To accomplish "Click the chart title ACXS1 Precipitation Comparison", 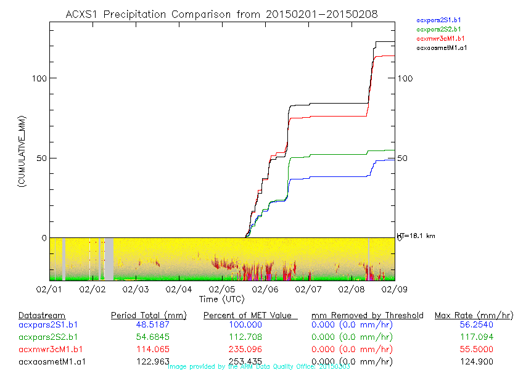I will [x=221, y=14].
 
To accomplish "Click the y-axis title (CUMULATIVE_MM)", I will [x=22, y=151].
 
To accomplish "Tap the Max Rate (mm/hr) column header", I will [x=474, y=316].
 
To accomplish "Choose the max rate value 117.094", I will [x=474, y=337].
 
